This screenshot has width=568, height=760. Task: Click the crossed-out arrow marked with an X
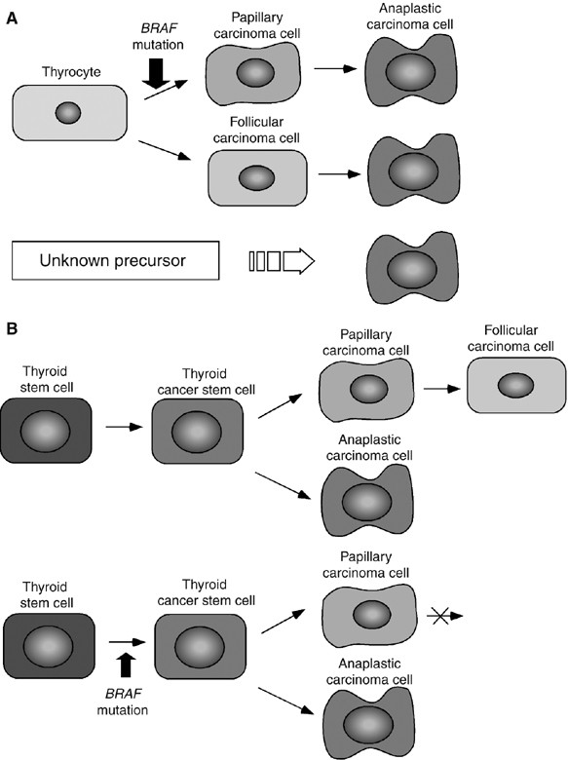pos(439,616)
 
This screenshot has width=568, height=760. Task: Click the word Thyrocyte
pos(67,70)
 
